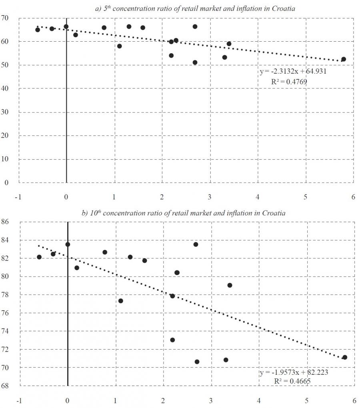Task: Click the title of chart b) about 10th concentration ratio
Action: (x=184, y=213)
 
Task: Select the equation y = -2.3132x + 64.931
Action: (x=294, y=72)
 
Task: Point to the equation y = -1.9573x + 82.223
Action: (x=294, y=372)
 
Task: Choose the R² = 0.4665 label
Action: (x=292, y=381)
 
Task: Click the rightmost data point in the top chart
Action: (x=343, y=59)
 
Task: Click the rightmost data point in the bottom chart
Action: (x=344, y=357)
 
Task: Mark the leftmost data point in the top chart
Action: (x=38, y=30)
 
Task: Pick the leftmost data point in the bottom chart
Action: (x=39, y=257)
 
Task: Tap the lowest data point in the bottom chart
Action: (x=197, y=362)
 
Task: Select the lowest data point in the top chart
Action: (x=195, y=62)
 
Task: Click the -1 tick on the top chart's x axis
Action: (x=18, y=197)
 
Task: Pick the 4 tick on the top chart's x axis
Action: (x=258, y=197)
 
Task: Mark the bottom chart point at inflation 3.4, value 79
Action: (x=230, y=285)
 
